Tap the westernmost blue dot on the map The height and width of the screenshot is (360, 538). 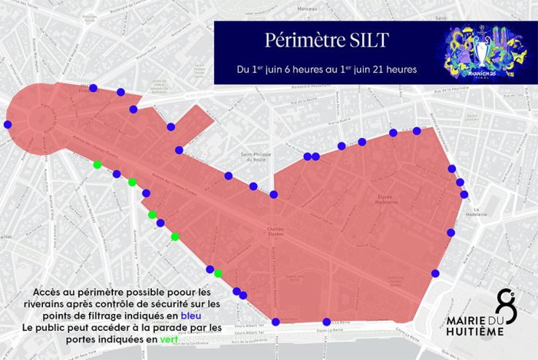[x=8, y=125]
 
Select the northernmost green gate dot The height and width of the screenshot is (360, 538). [x=97, y=165]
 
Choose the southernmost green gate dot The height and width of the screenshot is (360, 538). [x=218, y=273]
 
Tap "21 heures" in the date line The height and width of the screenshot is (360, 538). [x=393, y=70]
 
